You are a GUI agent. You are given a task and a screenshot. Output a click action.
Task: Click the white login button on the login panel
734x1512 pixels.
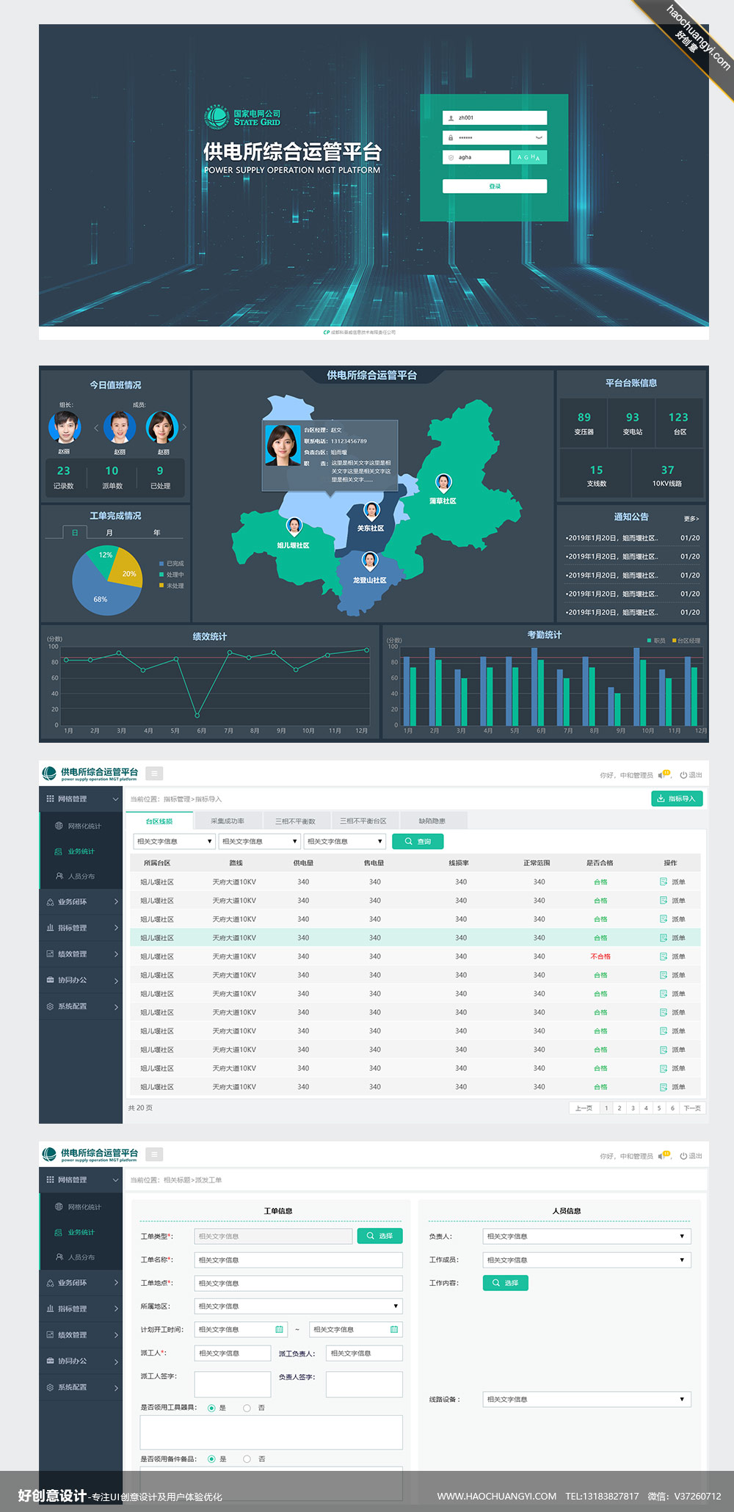[494, 186]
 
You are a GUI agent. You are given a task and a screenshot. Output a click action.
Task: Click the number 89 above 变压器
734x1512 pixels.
[584, 417]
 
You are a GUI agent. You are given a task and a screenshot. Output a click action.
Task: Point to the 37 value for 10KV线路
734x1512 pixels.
[667, 470]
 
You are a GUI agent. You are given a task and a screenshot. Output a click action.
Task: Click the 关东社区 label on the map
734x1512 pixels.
[371, 528]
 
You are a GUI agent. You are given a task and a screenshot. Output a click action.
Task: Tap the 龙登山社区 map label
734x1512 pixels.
[369, 581]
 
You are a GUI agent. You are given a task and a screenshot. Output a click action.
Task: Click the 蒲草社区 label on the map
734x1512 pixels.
[443, 501]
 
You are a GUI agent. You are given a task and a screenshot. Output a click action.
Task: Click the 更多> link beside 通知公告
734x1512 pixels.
[691, 519]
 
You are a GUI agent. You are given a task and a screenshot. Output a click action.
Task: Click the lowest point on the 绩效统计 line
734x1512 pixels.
[197, 715]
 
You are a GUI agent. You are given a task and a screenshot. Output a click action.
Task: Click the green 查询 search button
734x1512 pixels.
[418, 842]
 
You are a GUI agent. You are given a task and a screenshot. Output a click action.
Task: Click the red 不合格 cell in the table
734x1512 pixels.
[600, 957]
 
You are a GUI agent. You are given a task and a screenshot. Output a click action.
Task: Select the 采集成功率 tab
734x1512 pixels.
[228, 821]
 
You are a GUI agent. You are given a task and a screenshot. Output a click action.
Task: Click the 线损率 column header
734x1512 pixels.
[459, 863]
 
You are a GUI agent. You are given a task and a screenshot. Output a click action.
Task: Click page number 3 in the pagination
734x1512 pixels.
[633, 1108]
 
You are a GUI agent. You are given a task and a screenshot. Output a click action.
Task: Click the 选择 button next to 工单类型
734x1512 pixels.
[379, 1236]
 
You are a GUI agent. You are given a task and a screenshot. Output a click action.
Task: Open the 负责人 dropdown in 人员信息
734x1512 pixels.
[586, 1237]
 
